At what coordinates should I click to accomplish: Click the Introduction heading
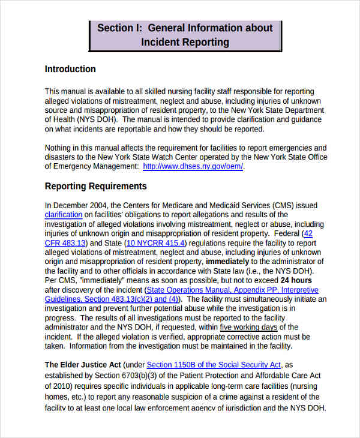pyautogui.click(x=70, y=69)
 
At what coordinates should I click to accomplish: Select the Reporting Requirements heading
pyautogui.click(x=95, y=186)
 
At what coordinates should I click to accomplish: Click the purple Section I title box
pyautogui.click(x=185, y=35)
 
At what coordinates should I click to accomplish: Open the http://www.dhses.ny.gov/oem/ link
pyautogui.click(x=193, y=167)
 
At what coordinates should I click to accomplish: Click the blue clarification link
pyautogui.click(x=64, y=215)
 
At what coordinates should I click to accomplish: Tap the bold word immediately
pyautogui.click(x=227, y=262)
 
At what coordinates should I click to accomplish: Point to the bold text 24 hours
pyautogui.click(x=297, y=280)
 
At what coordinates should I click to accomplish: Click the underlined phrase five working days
pyautogui.click(x=248, y=327)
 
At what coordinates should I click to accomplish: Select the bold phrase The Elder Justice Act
pyautogui.click(x=83, y=365)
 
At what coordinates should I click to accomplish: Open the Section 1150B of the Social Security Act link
pyautogui.click(x=214, y=365)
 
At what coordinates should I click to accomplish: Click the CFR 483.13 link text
pyautogui.click(x=66, y=243)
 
